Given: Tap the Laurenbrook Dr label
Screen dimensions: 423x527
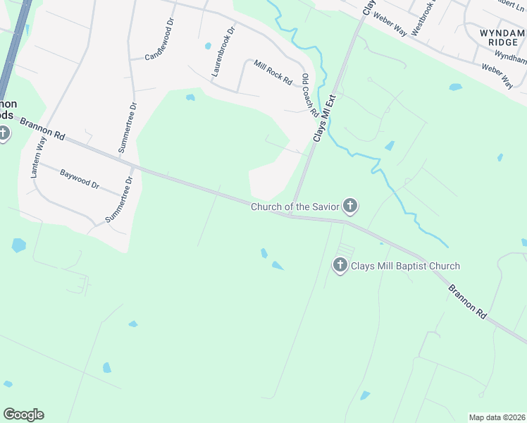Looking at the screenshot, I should pos(221,53).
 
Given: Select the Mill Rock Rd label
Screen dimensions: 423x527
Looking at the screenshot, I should pos(273,72).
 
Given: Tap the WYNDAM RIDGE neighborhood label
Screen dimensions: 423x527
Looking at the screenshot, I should pos(502,37).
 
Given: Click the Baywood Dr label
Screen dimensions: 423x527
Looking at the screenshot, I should pos(80,178).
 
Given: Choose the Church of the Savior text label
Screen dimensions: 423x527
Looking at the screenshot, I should pos(295,207).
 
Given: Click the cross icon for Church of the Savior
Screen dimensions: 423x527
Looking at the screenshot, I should pos(350,206).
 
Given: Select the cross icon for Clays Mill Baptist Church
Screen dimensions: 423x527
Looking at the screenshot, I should pos(340,265).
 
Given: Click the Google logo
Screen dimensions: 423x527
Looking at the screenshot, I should pos(23,415).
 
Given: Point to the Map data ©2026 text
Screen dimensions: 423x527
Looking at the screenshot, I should pos(497,417).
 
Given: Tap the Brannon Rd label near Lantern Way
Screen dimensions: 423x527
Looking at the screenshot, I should pos(42,128).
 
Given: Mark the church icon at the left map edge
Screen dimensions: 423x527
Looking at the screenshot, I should pos(4,133).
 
